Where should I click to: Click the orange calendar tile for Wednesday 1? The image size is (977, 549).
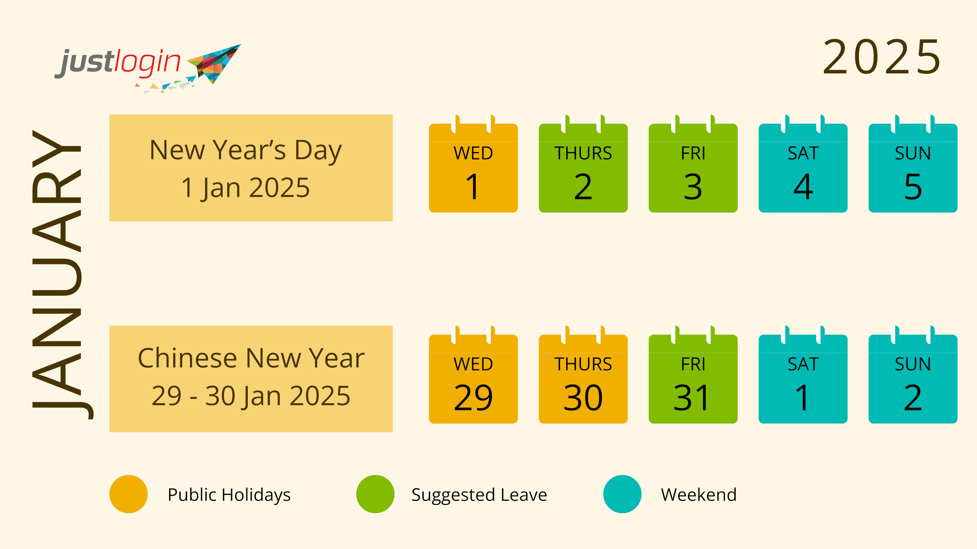tap(473, 168)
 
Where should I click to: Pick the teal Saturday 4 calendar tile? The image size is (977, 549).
tap(803, 168)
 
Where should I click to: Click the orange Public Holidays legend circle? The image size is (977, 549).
tap(128, 494)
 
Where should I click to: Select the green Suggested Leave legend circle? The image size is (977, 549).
tap(376, 494)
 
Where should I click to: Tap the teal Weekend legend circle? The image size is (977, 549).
tap(622, 494)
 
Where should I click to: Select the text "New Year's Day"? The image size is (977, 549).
tap(246, 150)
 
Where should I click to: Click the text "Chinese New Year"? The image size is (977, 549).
tap(251, 358)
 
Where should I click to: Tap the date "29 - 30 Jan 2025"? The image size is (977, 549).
tap(251, 396)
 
